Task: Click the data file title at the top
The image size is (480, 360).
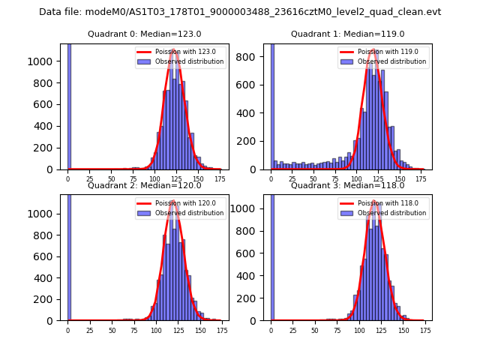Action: (x=240, y=12)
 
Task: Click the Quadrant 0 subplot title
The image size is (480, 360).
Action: (x=144, y=34)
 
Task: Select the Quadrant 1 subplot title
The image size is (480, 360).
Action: (x=348, y=34)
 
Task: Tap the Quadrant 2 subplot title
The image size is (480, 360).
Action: (x=144, y=185)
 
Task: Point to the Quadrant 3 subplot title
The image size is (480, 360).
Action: (x=348, y=185)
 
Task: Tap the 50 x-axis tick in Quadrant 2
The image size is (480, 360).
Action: (x=112, y=330)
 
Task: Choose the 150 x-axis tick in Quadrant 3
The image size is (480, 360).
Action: (x=403, y=330)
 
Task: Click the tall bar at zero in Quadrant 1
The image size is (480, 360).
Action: (x=271, y=105)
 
